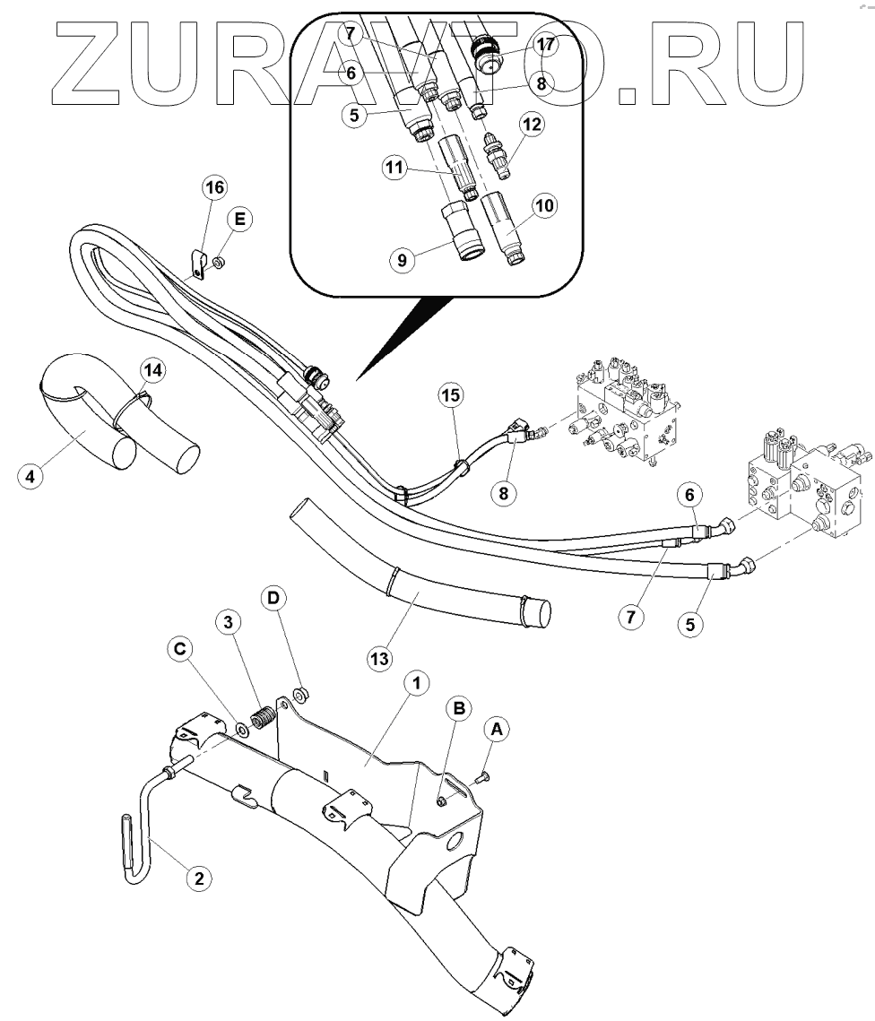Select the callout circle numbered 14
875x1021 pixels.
coord(152,368)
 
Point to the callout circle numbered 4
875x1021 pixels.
coord(30,477)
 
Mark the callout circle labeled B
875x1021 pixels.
coord(460,707)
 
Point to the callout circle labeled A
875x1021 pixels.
coord(498,731)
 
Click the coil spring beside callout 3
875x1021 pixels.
coord(262,718)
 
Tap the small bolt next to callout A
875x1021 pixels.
coord(481,776)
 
